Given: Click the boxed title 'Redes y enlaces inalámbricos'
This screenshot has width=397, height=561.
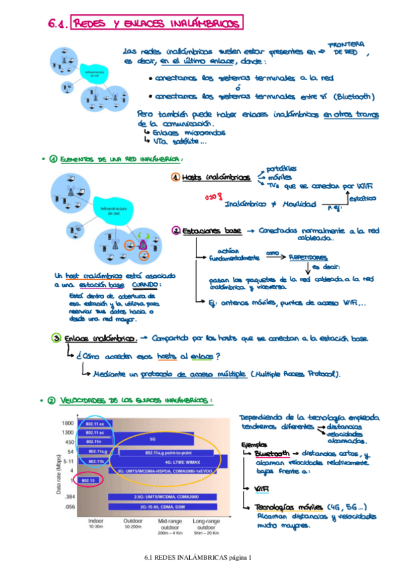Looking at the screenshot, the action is pyautogui.click(x=156, y=24).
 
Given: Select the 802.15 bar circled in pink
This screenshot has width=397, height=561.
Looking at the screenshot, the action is pyautogui.click(x=90, y=478).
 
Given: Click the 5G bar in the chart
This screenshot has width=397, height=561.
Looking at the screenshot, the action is pyautogui.click(x=152, y=439).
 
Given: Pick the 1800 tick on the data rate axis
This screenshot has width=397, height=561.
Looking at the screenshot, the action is pyautogui.click(x=67, y=423).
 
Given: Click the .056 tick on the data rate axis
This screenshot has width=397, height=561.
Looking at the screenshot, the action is pyautogui.click(x=68, y=507).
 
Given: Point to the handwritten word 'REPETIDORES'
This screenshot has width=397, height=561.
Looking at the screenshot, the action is pyautogui.click(x=308, y=257).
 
